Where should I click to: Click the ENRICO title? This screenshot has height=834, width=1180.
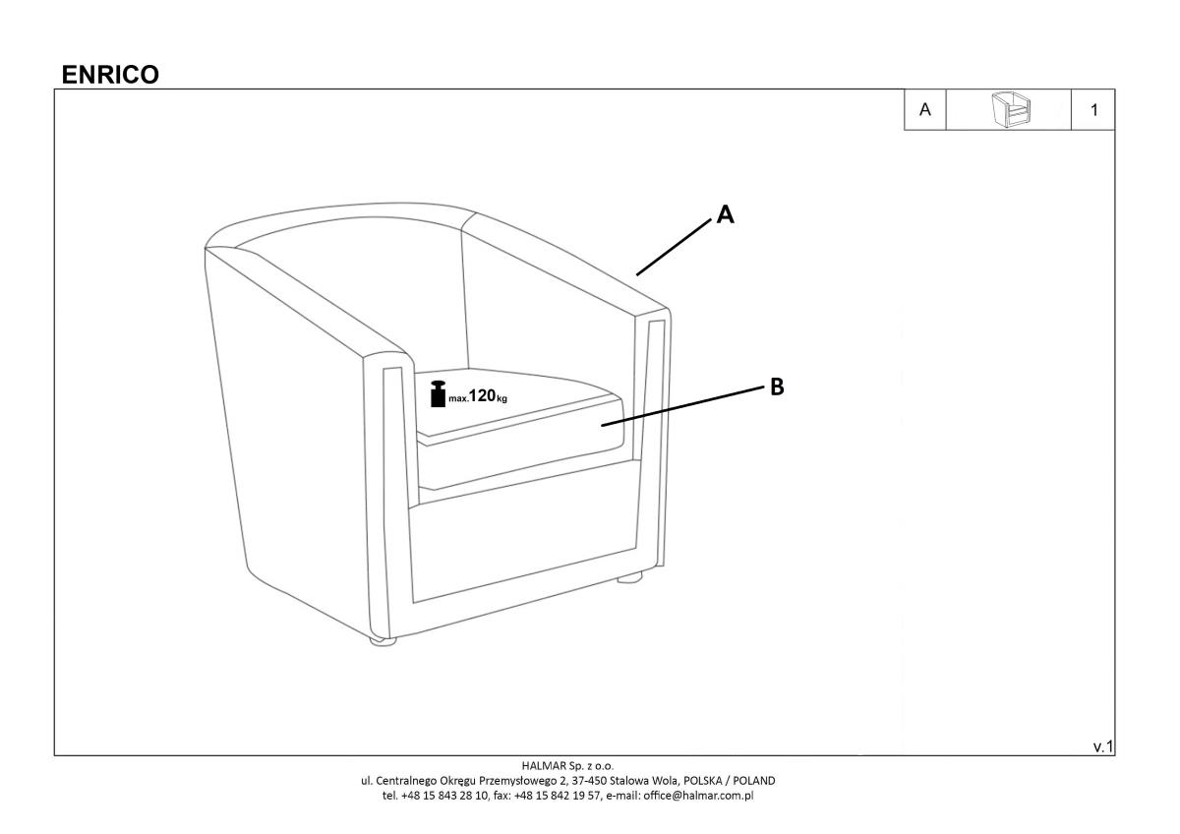(x=110, y=75)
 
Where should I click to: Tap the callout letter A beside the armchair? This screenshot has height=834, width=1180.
(x=726, y=214)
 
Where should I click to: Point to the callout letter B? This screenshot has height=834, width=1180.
(x=777, y=387)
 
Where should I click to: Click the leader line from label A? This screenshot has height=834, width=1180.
(x=674, y=248)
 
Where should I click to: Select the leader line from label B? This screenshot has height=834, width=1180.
(x=682, y=406)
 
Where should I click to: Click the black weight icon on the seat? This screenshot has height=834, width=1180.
(x=438, y=393)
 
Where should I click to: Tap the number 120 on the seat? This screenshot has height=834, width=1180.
(x=482, y=395)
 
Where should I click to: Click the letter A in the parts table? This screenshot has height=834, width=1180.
(x=924, y=109)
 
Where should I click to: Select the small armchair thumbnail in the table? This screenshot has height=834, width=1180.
(x=1011, y=109)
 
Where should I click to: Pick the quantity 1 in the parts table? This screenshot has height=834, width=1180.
(x=1094, y=110)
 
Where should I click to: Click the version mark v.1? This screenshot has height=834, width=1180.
(x=1103, y=746)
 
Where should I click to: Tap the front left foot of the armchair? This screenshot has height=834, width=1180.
(x=383, y=641)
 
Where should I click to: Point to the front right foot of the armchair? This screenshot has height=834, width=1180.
(x=630, y=577)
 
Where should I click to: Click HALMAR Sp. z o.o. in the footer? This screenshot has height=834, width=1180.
(x=567, y=765)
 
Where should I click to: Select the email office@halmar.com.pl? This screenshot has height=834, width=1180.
(x=698, y=796)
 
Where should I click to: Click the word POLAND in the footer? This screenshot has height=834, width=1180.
(x=754, y=780)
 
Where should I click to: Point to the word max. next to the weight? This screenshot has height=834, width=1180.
(x=458, y=399)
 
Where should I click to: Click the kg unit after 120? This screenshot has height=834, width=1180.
(x=502, y=399)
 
